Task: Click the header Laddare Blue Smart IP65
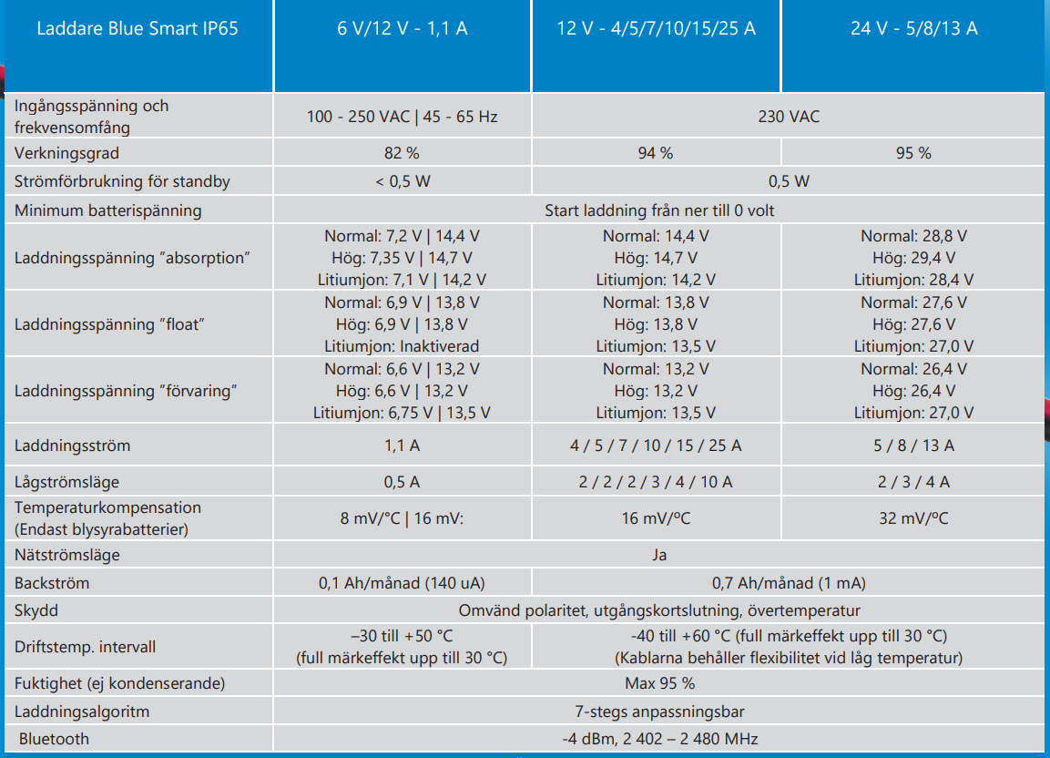138,28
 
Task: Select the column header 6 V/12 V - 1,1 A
402,28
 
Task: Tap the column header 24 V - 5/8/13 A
913,28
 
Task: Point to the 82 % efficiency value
402,153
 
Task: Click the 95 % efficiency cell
913,153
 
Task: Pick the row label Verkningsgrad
66,153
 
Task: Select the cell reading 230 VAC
789,117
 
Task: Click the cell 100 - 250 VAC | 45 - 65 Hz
402,117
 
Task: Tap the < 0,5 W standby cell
402,181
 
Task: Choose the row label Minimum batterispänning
107,210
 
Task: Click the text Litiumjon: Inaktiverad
402,346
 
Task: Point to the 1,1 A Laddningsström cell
402,446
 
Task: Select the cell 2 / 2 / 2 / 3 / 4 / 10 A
656,482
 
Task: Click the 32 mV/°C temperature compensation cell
913,518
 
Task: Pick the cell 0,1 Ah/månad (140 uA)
402,583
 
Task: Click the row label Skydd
36,610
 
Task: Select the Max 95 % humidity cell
659,683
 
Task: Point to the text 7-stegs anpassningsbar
659,712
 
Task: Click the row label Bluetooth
54,739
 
